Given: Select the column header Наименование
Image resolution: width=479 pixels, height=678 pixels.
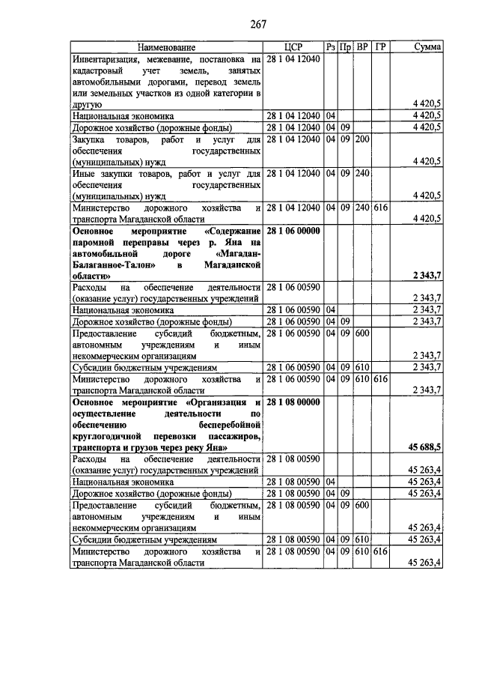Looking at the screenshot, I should tap(166, 47).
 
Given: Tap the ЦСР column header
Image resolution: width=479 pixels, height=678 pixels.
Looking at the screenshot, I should tap(293, 47).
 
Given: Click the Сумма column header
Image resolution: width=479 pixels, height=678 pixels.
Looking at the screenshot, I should tap(427, 47).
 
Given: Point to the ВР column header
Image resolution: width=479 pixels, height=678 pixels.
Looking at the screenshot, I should tap(362, 47).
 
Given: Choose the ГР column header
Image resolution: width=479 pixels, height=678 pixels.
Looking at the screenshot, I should tap(381, 47).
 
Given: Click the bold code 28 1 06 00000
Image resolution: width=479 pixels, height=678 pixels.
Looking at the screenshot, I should tap(293, 231).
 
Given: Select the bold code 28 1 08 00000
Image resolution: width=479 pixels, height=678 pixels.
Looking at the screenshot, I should tap(293, 402).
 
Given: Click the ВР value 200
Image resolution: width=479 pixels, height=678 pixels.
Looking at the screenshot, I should tap(362, 139).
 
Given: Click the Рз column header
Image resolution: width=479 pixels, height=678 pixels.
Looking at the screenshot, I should tap(331, 47).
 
